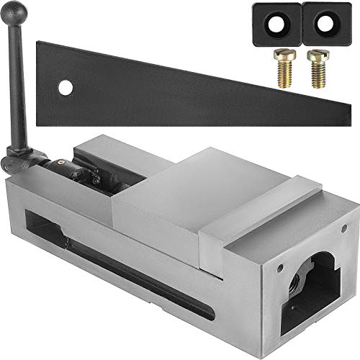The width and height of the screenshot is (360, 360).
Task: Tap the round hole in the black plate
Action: click(x=66, y=89)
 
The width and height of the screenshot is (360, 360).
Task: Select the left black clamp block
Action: click(x=277, y=22)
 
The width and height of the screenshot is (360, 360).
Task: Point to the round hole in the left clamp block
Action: click(x=278, y=24)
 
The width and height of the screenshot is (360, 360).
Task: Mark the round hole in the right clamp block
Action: click(x=328, y=24)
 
